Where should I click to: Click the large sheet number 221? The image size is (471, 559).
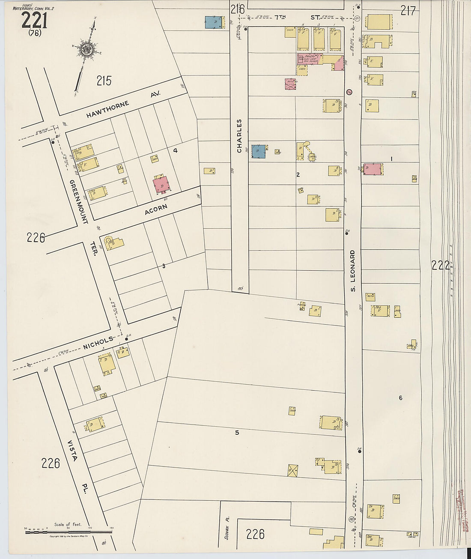(34, 20)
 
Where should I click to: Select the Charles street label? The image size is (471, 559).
(239, 135)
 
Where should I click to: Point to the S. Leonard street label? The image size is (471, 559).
(353, 271)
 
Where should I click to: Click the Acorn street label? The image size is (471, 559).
(156, 209)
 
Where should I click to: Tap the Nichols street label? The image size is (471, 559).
(98, 343)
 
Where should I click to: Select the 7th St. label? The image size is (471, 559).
(297, 17)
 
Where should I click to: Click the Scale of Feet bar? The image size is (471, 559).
(69, 532)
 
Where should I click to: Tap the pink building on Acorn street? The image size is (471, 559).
(161, 185)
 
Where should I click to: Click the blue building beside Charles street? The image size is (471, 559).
(258, 151)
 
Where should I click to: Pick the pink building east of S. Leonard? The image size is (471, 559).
(372, 169)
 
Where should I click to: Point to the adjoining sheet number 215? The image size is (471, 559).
(104, 81)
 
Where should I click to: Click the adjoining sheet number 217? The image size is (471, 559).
(408, 11)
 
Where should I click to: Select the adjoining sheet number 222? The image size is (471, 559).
(441, 266)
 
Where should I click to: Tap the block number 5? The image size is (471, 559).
(237, 433)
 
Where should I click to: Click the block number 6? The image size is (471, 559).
(400, 398)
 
